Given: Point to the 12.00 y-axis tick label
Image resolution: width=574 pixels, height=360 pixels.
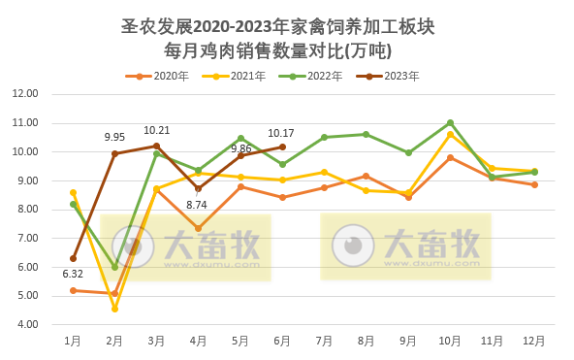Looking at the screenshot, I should click(25, 94).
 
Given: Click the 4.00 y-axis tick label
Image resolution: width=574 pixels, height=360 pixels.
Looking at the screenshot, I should click(25, 324).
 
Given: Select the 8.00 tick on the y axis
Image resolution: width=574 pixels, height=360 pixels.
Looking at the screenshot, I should click(25, 209).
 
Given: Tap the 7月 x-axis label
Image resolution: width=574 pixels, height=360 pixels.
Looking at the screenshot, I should click(324, 341).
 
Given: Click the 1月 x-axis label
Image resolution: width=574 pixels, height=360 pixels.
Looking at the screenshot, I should click(73, 341).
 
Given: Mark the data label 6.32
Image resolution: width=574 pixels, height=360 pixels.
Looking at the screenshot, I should click(73, 274).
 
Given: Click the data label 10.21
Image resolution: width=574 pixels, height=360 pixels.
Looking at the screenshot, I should click(156, 130).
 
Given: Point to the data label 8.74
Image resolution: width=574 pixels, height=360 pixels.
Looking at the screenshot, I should click(198, 205).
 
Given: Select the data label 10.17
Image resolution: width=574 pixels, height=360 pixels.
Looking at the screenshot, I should click(282, 133).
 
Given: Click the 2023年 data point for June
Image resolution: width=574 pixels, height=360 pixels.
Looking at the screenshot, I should click(282, 147).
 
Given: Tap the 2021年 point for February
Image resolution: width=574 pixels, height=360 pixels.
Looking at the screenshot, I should click(114, 309).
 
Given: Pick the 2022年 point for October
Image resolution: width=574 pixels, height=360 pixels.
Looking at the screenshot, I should click(450, 122).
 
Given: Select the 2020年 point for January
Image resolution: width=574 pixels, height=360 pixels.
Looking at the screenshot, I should click(73, 290).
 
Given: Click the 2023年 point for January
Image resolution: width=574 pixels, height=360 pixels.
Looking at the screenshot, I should click(73, 258).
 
